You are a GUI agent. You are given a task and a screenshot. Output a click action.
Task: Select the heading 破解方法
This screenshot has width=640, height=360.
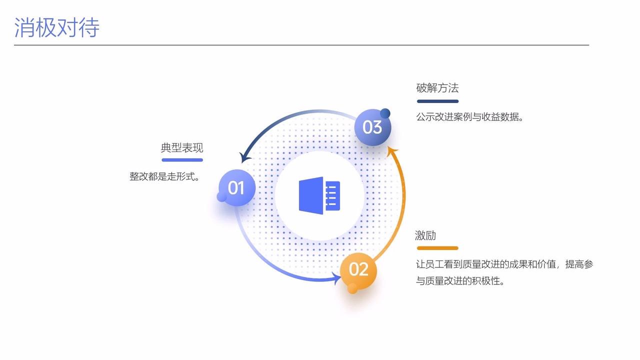click(437, 88)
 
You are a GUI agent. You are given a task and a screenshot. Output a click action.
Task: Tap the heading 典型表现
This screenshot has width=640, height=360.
click(182, 148)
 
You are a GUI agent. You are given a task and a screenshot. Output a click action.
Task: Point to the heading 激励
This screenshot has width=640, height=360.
click(425, 235)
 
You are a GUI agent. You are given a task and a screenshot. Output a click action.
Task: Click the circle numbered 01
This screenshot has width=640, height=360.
click(237, 188)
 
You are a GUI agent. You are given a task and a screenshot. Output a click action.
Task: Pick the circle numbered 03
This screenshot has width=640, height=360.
click(372, 127)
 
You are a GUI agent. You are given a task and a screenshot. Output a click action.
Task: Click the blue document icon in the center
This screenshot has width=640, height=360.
click(319, 195)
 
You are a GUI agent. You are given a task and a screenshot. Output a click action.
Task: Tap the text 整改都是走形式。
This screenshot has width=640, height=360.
click(164, 176)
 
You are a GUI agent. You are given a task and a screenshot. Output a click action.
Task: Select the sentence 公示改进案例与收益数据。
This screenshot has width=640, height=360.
click(469, 117)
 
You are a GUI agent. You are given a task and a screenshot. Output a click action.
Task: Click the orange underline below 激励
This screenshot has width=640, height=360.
click(437, 248)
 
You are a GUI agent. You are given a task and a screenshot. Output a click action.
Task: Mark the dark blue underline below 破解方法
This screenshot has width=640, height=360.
click(437, 101)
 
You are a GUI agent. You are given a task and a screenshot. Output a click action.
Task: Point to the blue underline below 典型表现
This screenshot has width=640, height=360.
click(182, 160)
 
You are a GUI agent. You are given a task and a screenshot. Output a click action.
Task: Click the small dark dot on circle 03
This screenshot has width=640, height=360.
click(385, 113)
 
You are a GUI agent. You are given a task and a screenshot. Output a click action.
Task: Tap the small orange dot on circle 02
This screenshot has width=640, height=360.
click(352, 288)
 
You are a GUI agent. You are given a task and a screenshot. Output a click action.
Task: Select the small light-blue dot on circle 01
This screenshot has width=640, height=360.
click(222, 197)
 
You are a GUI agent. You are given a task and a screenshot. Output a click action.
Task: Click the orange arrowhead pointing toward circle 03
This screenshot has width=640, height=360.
click(393, 150)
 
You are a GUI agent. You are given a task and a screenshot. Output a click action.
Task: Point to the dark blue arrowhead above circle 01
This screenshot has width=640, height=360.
click(245, 157)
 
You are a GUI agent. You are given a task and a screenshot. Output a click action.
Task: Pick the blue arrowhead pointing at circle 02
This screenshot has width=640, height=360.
click(336, 277)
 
